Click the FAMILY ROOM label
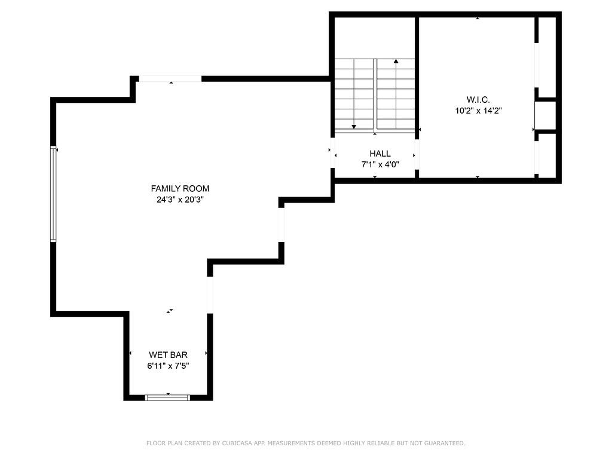(x=180, y=189)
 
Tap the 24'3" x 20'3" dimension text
(x=180, y=200)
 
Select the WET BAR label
(x=168, y=355)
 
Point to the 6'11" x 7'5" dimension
(x=168, y=366)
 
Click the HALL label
(x=380, y=154)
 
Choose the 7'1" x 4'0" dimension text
(x=380, y=164)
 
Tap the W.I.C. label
(x=478, y=100)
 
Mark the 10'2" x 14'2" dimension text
(x=478, y=111)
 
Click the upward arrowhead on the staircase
(x=396, y=61)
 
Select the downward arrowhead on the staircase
(x=354, y=126)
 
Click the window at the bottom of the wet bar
(x=168, y=397)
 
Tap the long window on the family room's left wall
(x=53, y=194)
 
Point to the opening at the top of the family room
(x=170, y=79)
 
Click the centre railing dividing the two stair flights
(x=375, y=96)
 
